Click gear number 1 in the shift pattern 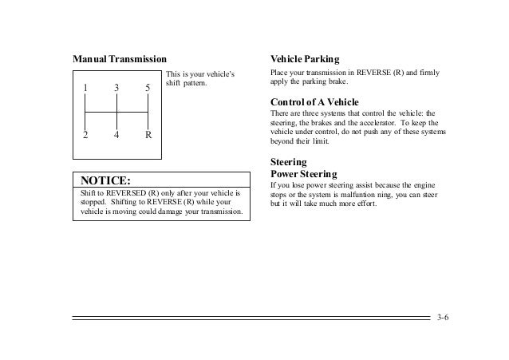[86, 88]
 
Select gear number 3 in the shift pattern [116, 88]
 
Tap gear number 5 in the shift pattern [148, 88]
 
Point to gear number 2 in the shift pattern [86, 135]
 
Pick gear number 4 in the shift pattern [116, 135]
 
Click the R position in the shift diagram [148, 135]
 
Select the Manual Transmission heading [120, 60]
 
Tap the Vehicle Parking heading [306, 60]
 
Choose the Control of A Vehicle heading [315, 103]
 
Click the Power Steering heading [304, 173]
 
